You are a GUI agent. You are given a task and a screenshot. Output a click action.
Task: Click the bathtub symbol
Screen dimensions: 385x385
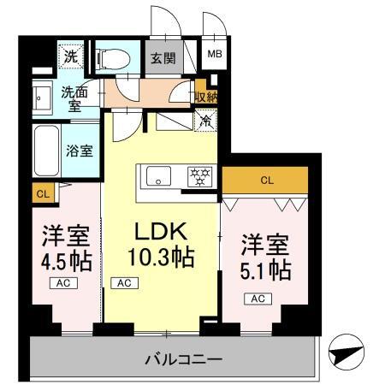pos(47,151)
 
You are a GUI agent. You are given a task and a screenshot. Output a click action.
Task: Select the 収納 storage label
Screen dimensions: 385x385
pos(206,97)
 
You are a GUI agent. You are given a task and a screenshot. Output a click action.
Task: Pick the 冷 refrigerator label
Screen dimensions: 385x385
pos(205,121)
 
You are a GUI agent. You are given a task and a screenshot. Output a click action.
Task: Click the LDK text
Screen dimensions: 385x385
pos(161,232)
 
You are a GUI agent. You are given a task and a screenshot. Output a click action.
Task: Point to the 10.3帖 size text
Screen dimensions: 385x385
pos(161,255)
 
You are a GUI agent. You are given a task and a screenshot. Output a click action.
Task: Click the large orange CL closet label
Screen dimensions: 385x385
pos(266,181)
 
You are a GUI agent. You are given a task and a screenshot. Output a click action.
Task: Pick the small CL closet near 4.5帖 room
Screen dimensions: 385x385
pos(42,194)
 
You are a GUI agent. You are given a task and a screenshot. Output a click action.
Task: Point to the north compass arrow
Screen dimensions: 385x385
pos(346,350)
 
